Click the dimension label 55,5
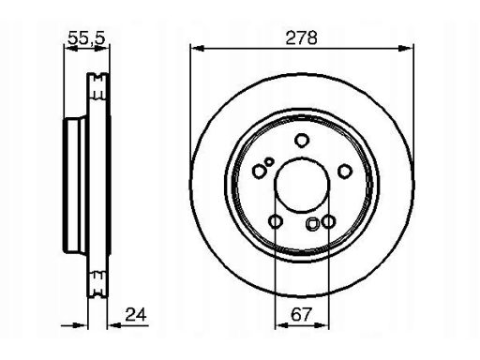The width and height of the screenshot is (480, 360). click(86, 37)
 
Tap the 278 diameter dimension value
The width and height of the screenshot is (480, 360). click(301, 37)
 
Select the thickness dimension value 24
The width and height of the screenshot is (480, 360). click(136, 314)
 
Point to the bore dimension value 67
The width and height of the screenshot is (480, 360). click(301, 314)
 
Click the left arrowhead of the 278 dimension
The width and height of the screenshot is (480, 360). click(197, 49)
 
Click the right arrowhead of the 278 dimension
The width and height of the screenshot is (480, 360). click(406, 49)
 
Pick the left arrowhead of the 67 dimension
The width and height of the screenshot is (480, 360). click(281, 325)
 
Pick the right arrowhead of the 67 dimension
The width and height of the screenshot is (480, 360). click(322, 325)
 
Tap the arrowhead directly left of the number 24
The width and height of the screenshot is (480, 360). click(114, 325)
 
